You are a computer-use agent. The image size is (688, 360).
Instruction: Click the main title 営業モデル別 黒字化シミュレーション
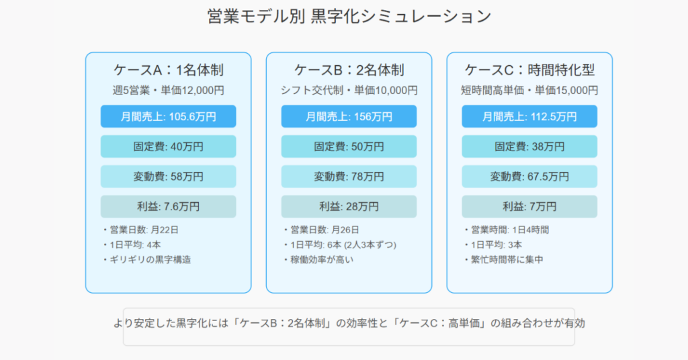[x=349, y=17]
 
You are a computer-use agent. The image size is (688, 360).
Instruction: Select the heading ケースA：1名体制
[x=169, y=70]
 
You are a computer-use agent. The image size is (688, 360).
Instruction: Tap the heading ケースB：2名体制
[x=349, y=70]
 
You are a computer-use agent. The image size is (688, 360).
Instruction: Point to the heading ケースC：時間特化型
[x=529, y=70]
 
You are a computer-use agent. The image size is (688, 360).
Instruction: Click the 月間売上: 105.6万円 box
[x=169, y=117]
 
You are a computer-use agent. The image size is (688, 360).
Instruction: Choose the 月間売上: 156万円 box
[x=349, y=117]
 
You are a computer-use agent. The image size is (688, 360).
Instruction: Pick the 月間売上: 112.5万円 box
[x=529, y=117]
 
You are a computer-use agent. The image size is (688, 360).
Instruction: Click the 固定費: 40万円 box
[x=169, y=146]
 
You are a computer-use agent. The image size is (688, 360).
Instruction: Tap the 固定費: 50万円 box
[x=349, y=146]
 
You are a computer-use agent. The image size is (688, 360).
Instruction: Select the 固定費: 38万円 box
[x=529, y=146]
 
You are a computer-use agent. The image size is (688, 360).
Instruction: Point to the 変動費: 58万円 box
[x=169, y=177]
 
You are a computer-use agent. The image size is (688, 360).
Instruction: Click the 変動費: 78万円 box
[x=349, y=177]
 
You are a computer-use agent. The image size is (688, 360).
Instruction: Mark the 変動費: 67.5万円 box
[x=529, y=177]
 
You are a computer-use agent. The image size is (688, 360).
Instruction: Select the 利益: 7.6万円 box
[x=169, y=206]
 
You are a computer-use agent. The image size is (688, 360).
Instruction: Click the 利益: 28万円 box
[x=349, y=206]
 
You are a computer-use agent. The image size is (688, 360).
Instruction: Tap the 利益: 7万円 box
[x=529, y=206]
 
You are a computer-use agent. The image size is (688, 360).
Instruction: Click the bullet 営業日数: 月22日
[x=140, y=230]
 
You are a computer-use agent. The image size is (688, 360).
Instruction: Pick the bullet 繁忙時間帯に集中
[x=504, y=259]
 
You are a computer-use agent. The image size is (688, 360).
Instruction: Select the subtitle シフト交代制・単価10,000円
[x=349, y=90]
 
